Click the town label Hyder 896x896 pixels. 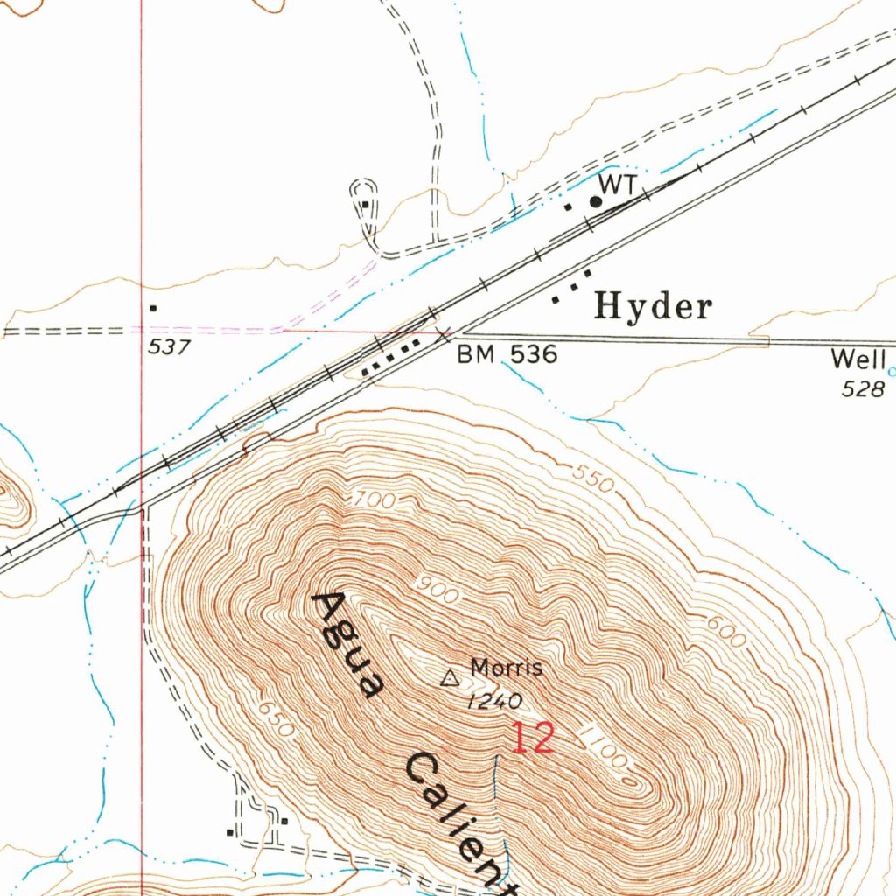(x=653, y=307)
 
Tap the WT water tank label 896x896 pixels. (x=617, y=184)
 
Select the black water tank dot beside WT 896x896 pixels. (x=596, y=202)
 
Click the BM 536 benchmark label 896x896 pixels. (x=507, y=354)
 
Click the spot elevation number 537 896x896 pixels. (x=169, y=347)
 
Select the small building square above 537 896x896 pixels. (x=154, y=308)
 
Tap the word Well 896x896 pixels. (x=858, y=359)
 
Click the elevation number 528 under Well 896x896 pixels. (x=863, y=389)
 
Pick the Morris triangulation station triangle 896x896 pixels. (x=450, y=677)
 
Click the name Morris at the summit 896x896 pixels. (x=507, y=668)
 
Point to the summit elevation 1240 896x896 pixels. (x=494, y=701)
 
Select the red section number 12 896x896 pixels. (x=532, y=739)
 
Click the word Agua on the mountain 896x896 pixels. (x=348, y=644)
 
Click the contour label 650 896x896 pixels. (x=271, y=717)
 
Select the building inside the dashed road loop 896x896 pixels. (x=366, y=206)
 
